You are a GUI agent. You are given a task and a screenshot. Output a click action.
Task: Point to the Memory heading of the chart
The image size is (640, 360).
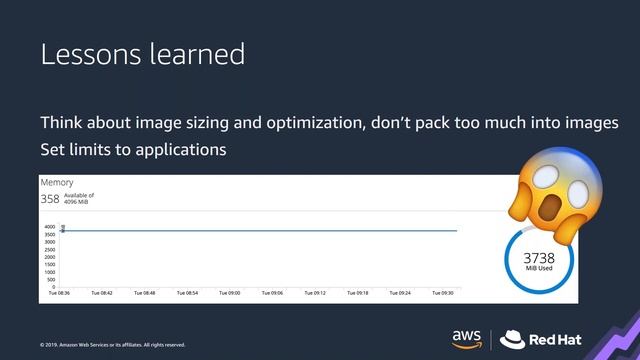pos(57,184)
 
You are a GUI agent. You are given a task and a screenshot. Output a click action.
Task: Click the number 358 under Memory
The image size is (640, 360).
pos(50,199)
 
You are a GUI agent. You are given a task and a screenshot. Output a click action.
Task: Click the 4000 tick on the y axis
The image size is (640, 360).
pos(49,227)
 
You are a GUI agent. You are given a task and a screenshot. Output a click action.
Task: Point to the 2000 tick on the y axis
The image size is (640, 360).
pos(49,257)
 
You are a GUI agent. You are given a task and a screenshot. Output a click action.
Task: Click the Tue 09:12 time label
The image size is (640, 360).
pos(314,294)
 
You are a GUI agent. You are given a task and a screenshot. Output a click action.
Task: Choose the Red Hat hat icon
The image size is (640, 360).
pos(513,337)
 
